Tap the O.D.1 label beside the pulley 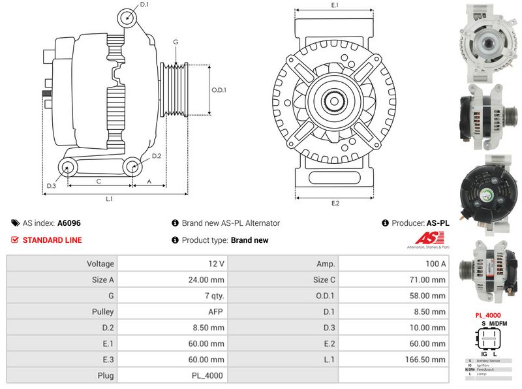219,90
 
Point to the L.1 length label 110,198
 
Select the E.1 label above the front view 335,5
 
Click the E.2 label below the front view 335,203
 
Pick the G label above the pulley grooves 176,42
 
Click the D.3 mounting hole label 51,187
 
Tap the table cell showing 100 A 393,264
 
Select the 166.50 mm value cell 393,360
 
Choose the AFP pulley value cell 172,312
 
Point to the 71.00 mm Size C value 393,280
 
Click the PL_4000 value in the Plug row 172,375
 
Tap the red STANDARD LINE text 52,240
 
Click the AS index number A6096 69,223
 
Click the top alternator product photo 488,41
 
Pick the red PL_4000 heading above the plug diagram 487,315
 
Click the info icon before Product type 175,240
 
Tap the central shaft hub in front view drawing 335,101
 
